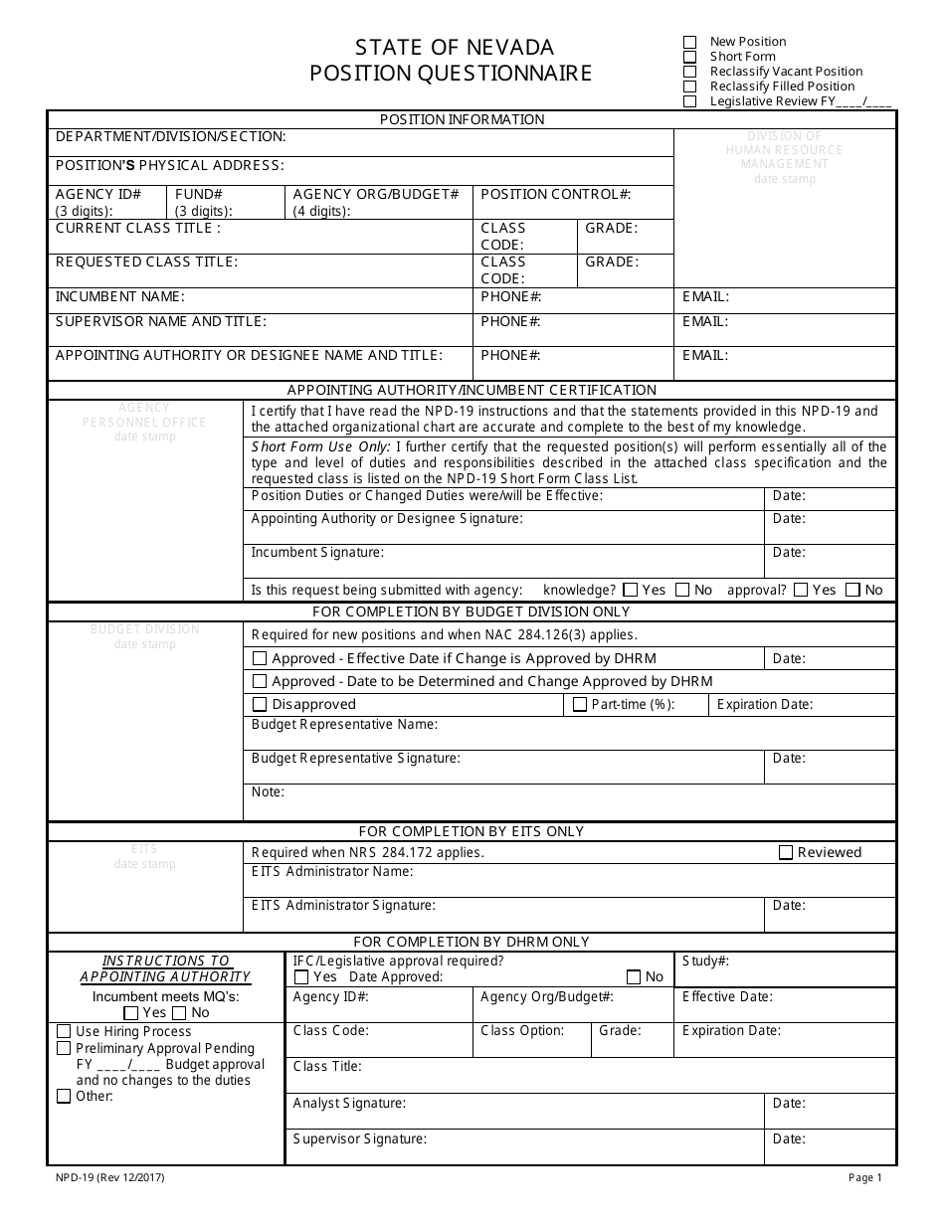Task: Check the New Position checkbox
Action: [690, 42]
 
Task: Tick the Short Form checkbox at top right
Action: [690, 57]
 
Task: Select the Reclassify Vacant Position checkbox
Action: [690, 72]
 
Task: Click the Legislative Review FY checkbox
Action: [690, 101]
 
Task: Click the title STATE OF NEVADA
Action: [455, 47]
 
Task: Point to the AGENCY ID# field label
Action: [97, 195]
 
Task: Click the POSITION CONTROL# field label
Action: [556, 195]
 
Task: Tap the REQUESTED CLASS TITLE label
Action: [146, 262]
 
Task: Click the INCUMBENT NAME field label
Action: [119, 297]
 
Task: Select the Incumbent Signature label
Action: [317, 553]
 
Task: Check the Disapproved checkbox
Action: [260, 705]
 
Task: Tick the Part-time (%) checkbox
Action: [580, 705]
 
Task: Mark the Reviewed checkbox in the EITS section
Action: [786, 852]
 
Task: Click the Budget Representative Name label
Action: [344, 725]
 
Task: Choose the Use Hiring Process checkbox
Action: [64, 1032]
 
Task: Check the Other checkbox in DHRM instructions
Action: [64, 1097]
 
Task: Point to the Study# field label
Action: [706, 961]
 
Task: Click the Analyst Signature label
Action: [349, 1104]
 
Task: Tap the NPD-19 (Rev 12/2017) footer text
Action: [109, 1178]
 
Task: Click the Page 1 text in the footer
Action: [865, 1178]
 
